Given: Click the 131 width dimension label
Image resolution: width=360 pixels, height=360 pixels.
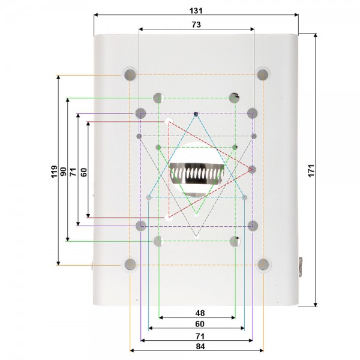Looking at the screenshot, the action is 196,11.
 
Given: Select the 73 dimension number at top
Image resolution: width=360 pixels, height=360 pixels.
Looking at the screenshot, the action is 196,25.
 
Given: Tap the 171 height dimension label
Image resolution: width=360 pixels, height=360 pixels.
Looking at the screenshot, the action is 311,170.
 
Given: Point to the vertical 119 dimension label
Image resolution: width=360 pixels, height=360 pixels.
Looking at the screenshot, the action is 54,171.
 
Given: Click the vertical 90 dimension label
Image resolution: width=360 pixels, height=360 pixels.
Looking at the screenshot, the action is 63,172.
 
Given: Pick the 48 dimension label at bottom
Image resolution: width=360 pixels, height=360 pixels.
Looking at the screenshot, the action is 200,313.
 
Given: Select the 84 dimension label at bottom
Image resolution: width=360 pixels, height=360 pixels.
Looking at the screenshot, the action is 200,346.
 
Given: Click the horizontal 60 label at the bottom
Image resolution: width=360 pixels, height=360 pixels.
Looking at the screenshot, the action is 200,324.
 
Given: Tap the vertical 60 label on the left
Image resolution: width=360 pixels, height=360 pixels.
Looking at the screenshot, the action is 84,172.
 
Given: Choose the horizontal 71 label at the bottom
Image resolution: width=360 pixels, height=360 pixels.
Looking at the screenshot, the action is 200,337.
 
